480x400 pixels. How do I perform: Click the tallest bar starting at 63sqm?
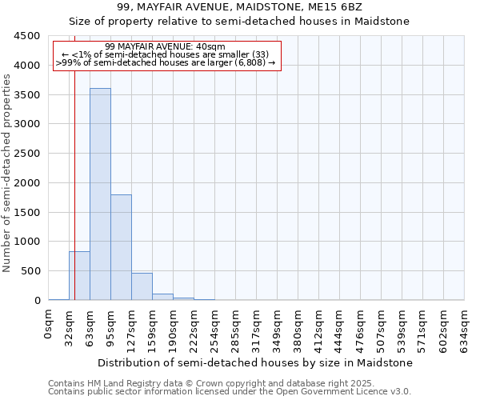click(100, 194)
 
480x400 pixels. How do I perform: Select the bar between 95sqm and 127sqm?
click(121, 247)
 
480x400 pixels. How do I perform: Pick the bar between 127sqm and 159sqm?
click(142, 286)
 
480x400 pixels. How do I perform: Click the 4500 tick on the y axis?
click(27, 36)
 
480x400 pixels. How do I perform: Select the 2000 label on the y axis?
click(27, 183)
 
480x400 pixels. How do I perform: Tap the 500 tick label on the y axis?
click(30, 271)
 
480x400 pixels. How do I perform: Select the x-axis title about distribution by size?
click(256, 362)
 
